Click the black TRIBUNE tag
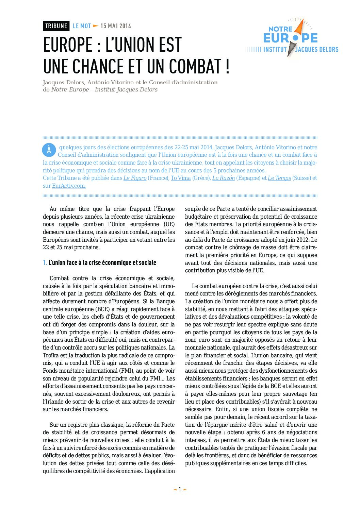pos(56,26)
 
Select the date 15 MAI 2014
pos(116,26)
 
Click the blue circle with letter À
pos(49,150)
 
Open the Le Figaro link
pos(135,178)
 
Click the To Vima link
pos(181,178)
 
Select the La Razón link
pos(224,178)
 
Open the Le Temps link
pos(279,178)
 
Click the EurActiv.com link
pos(69,186)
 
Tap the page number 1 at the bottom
pos(180,490)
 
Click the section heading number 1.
pos(45,263)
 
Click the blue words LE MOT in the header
pos(82,26)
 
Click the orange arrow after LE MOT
pos(96,26)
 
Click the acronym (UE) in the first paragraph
pos(169,224)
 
